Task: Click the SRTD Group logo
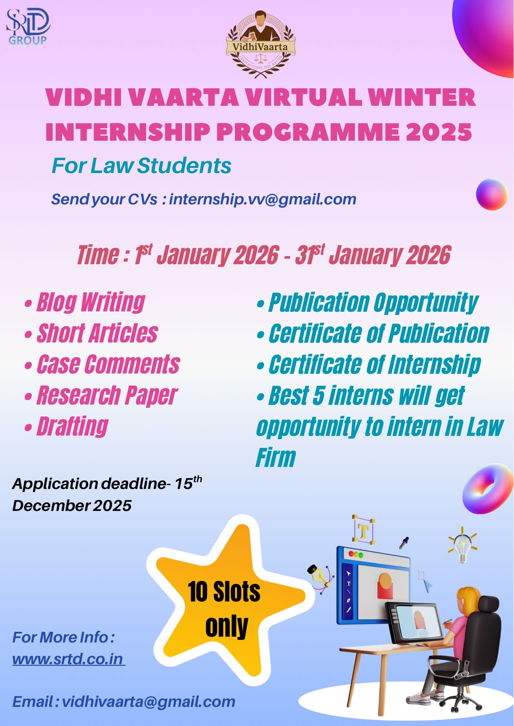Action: coord(28,28)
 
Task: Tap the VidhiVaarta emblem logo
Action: coord(260,44)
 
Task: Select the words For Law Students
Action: coord(141,166)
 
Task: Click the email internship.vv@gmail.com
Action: coord(262,199)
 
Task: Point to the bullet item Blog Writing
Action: coord(85,302)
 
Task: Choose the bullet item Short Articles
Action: coord(91,333)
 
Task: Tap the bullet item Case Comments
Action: coord(103,364)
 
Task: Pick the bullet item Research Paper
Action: coord(101,396)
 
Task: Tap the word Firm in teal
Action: coord(276,457)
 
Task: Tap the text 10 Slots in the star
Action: coord(224,592)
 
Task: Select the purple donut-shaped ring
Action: coord(488,488)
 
